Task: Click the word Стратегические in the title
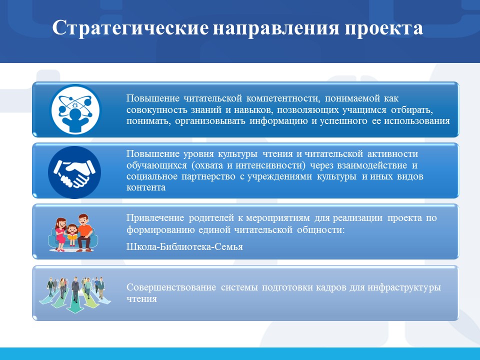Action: tap(130, 28)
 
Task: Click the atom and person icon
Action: tap(75, 109)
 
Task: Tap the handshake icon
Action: tap(74, 172)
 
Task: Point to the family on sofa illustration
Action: tap(73, 232)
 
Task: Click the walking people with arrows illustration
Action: tap(74, 294)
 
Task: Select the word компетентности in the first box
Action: tap(283, 98)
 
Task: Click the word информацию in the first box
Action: tap(278, 121)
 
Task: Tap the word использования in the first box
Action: tap(417, 121)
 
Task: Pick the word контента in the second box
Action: tap(146, 187)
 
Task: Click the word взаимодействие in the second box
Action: tap(372, 165)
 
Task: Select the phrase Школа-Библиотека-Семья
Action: tap(184, 246)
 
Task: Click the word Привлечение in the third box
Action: tap(155, 218)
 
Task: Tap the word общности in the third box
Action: tap(321, 230)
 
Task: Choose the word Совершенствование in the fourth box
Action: tap(171, 287)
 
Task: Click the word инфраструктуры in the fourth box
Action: tap(404, 288)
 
